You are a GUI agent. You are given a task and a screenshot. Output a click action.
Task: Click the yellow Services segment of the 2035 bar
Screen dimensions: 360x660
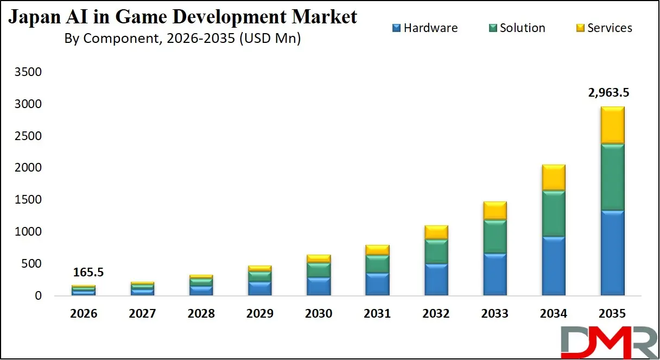click(612, 125)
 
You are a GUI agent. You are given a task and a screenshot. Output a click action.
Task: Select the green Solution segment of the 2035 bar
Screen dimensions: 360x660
click(612, 177)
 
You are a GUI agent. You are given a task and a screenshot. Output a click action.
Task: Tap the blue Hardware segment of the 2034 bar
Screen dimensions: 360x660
click(554, 266)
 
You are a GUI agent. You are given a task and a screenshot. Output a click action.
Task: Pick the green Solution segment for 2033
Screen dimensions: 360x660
click(494, 237)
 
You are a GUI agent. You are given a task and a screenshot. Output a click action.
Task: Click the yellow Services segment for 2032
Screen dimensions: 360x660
click(436, 232)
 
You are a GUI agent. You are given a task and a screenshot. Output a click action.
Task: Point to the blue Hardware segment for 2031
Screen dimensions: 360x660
click(377, 284)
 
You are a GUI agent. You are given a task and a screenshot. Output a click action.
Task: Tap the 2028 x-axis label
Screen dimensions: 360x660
click(201, 314)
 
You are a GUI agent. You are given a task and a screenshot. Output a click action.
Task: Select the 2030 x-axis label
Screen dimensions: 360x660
click(319, 314)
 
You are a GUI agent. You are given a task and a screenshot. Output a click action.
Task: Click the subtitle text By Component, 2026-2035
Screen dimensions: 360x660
click(182, 39)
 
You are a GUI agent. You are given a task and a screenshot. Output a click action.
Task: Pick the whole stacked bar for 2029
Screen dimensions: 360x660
click(260, 280)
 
